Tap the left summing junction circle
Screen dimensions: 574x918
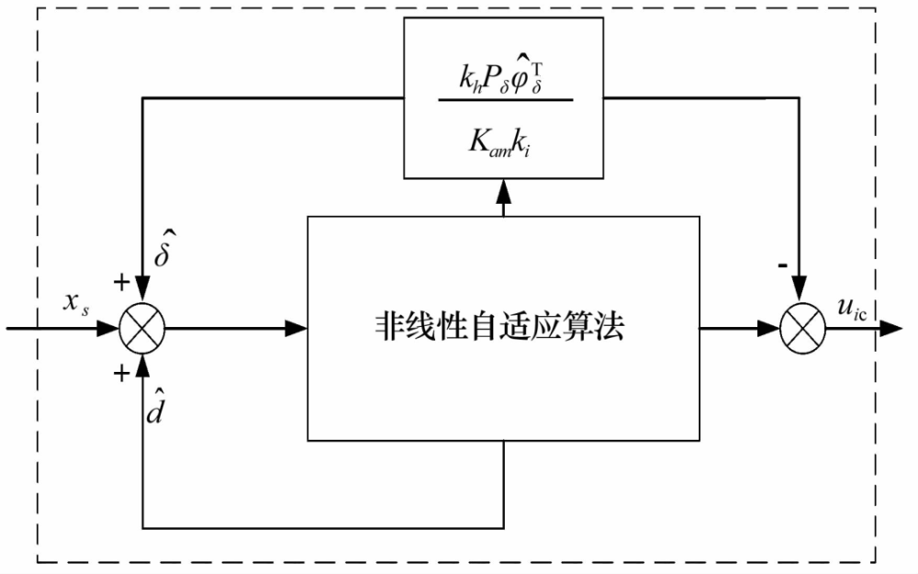pyautogui.click(x=143, y=328)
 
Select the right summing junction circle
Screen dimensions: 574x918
pyautogui.click(x=800, y=328)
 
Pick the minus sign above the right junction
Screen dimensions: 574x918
pyautogui.click(x=784, y=265)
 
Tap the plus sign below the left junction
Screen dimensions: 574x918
pyautogui.click(x=120, y=373)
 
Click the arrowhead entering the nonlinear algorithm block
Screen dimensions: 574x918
pyautogui.click(x=297, y=328)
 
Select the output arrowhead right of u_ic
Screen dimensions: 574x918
pyautogui.click(x=891, y=328)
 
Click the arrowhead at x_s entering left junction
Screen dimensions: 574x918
pyautogui.click(x=114, y=328)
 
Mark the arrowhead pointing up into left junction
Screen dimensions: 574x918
pyautogui.click(x=143, y=360)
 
